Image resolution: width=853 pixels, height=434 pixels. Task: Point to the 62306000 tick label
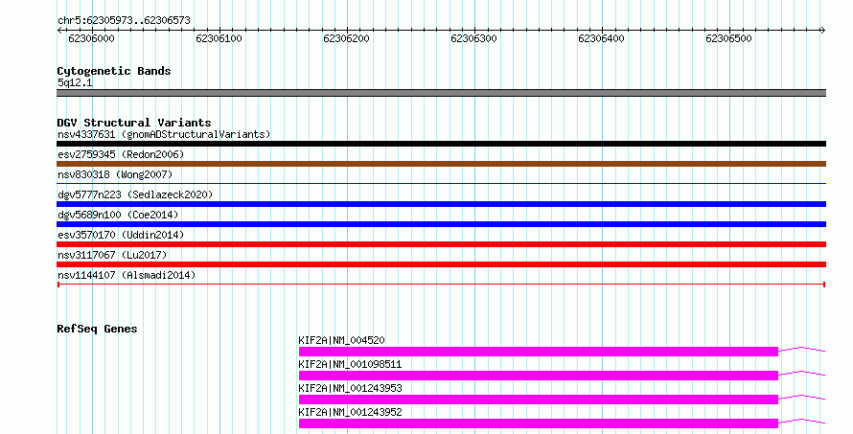click(x=91, y=38)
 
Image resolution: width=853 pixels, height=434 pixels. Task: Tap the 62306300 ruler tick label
click(x=473, y=38)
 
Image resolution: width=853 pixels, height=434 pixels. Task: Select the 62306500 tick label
click(x=728, y=38)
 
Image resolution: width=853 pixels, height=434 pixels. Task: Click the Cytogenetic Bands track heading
click(x=114, y=71)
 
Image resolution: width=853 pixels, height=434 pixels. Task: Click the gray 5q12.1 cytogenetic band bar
click(x=441, y=93)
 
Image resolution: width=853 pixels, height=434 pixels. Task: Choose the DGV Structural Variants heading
click(x=134, y=123)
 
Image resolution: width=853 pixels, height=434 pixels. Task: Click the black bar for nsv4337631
click(x=441, y=144)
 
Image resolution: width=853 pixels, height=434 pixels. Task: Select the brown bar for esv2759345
click(x=441, y=164)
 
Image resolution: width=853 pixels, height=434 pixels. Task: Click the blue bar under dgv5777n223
click(x=441, y=204)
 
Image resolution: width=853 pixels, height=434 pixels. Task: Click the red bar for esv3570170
click(x=441, y=244)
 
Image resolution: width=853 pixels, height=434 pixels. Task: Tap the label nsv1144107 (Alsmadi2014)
click(x=127, y=275)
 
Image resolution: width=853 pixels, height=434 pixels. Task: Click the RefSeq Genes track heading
click(x=97, y=329)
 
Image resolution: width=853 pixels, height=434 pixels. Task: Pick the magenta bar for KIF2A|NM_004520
click(x=538, y=352)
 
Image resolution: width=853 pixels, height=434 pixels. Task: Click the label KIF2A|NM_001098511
click(x=350, y=364)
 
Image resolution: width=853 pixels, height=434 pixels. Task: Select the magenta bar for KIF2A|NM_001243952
click(x=538, y=423)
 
